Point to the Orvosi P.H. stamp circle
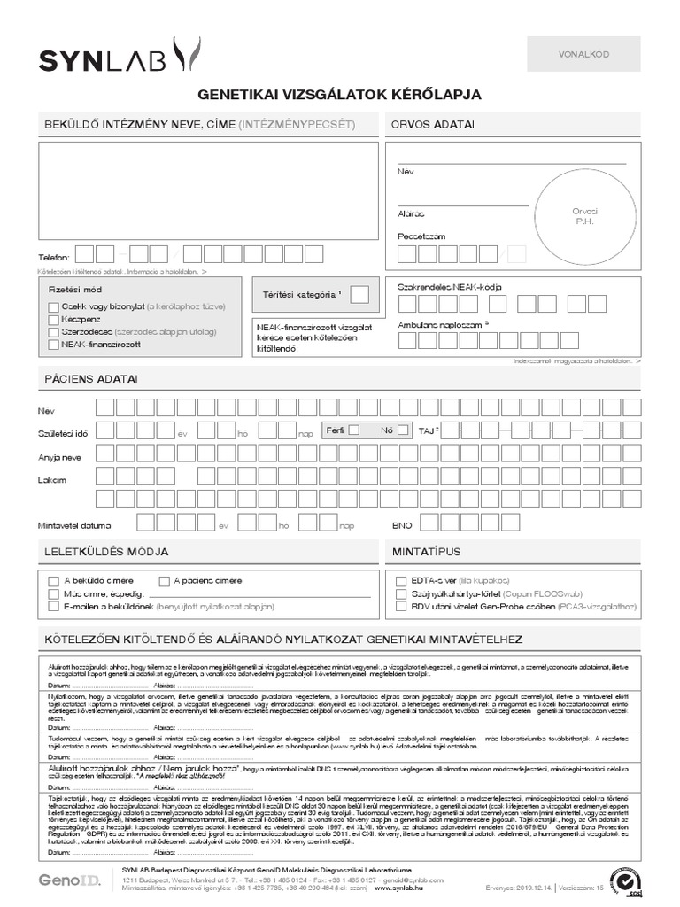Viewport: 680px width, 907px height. (585, 213)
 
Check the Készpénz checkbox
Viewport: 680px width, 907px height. (54, 319)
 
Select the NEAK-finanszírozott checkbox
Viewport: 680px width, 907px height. (54, 345)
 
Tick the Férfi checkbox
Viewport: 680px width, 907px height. (354, 430)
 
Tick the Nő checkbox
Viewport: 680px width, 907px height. (403, 430)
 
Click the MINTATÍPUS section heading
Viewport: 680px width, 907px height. (426, 552)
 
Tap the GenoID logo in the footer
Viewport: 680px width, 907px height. (69, 880)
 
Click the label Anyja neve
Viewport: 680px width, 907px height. (60, 457)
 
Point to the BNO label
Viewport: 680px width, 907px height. (403, 525)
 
